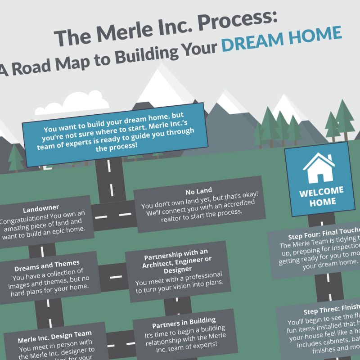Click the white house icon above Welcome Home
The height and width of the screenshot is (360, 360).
point(318,166)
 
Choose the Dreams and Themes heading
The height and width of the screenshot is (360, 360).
point(46,263)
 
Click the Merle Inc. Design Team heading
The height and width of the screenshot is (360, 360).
point(55,334)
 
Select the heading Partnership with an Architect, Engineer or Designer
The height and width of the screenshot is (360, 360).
point(175,264)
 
